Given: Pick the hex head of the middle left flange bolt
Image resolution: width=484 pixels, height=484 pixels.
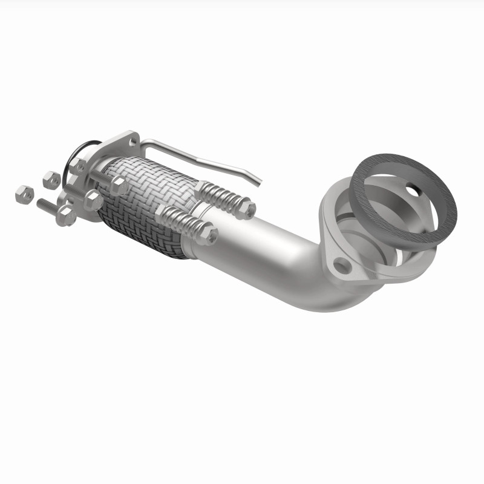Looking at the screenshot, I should pos(93,200).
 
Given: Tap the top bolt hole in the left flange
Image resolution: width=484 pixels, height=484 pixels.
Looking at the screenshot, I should pos(133,140).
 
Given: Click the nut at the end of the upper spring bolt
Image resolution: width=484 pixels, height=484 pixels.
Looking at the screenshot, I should pos(246,209).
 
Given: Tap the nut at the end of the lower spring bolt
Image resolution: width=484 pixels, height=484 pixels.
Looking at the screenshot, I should pos(208,235).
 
